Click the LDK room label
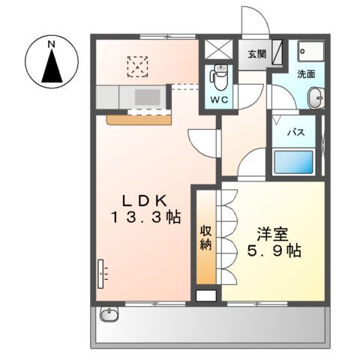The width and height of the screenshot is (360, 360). (x=149, y=200)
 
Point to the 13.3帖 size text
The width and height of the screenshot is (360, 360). (x=149, y=219)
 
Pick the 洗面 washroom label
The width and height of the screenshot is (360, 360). (x=305, y=74)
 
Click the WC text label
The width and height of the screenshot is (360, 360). (x=218, y=98)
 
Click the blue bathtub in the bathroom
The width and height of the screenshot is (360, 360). (x=293, y=162)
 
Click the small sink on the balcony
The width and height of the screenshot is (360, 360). (x=109, y=315)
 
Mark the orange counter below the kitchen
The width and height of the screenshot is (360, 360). (x=139, y=118)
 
